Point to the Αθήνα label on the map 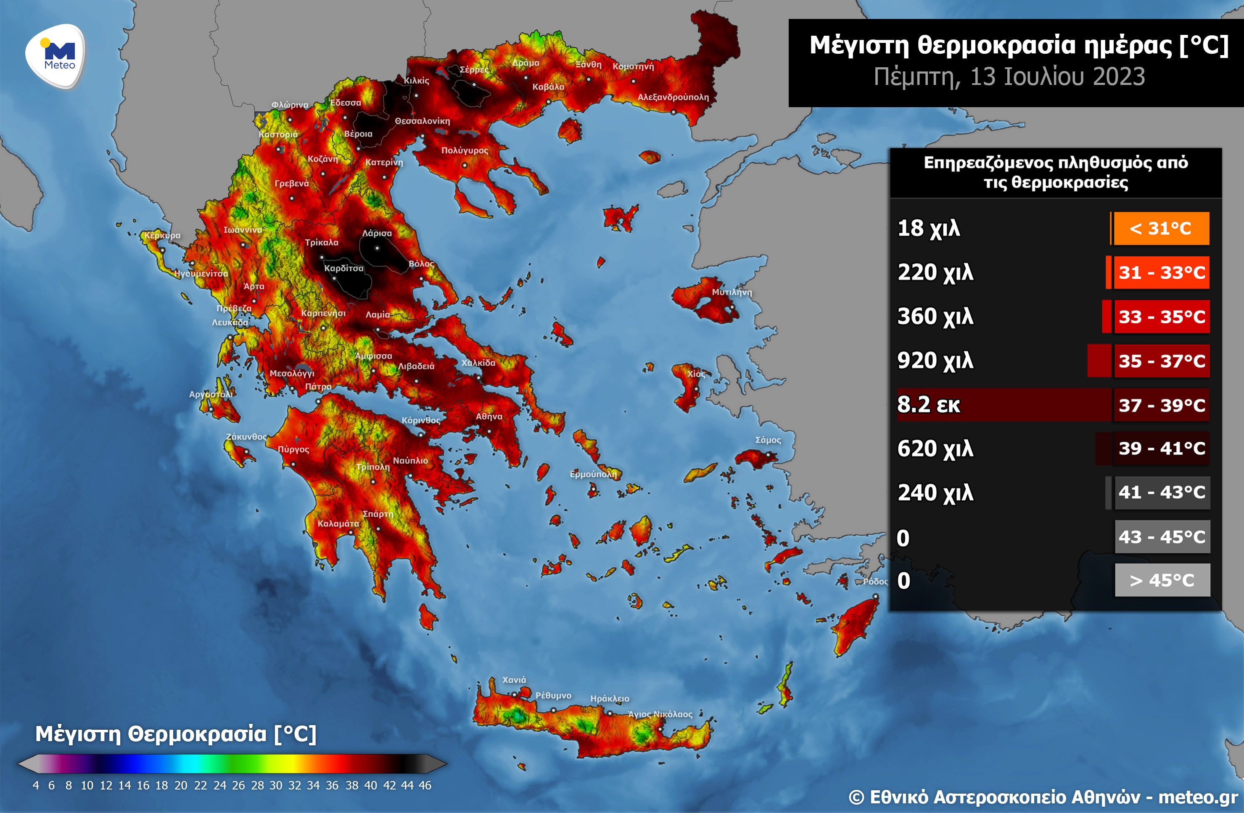coord(489,417)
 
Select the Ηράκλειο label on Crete coord(610,699)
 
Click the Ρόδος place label coord(875,581)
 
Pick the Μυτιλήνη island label coord(732,292)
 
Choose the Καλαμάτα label coord(338,523)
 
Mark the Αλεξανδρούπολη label coord(673,97)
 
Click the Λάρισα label coord(377,233)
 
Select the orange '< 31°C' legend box coord(1161,228)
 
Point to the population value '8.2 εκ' coord(929,405)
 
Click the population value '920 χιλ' coord(935,361)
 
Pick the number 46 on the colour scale coord(425,785)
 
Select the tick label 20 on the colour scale coord(181,785)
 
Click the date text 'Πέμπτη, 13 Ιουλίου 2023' coord(1009,77)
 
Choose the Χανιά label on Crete coord(514,680)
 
